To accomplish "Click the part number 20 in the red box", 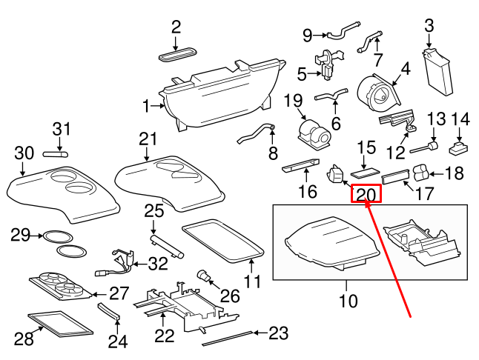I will pos(366,195).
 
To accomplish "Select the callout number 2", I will pos(176,27).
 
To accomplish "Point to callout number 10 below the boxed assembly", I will pos(348,301).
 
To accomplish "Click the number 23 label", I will pos(277,333).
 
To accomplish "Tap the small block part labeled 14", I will pos(458,147).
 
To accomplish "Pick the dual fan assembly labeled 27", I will pos(59,284).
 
